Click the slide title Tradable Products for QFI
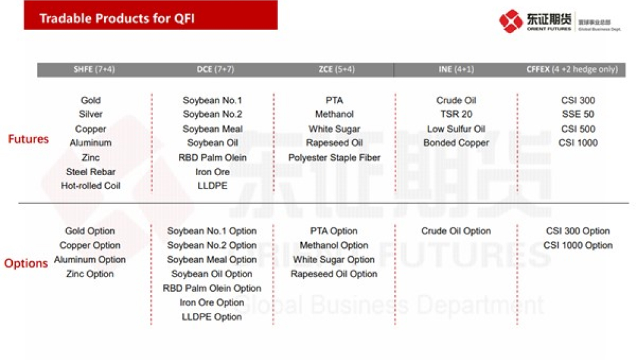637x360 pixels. [x=117, y=18]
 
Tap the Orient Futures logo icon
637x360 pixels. [x=511, y=21]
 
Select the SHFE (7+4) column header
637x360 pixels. [x=94, y=69]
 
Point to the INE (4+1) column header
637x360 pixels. [x=456, y=69]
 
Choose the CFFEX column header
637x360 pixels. [x=571, y=69]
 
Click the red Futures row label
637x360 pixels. [x=28, y=139]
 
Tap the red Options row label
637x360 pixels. [x=26, y=263]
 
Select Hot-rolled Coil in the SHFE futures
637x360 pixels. [x=90, y=186]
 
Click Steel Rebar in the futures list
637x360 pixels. [x=90, y=172]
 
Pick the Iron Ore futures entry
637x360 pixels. [x=212, y=172]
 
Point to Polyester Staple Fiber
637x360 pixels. [x=334, y=157]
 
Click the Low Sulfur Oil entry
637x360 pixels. [x=456, y=129]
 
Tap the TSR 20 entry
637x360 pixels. [x=456, y=115]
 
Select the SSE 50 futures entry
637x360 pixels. [x=578, y=115]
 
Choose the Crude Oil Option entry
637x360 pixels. [x=456, y=231]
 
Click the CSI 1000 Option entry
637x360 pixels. [x=578, y=245]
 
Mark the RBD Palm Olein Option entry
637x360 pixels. [x=212, y=289]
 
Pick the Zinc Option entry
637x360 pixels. [x=90, y=274]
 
